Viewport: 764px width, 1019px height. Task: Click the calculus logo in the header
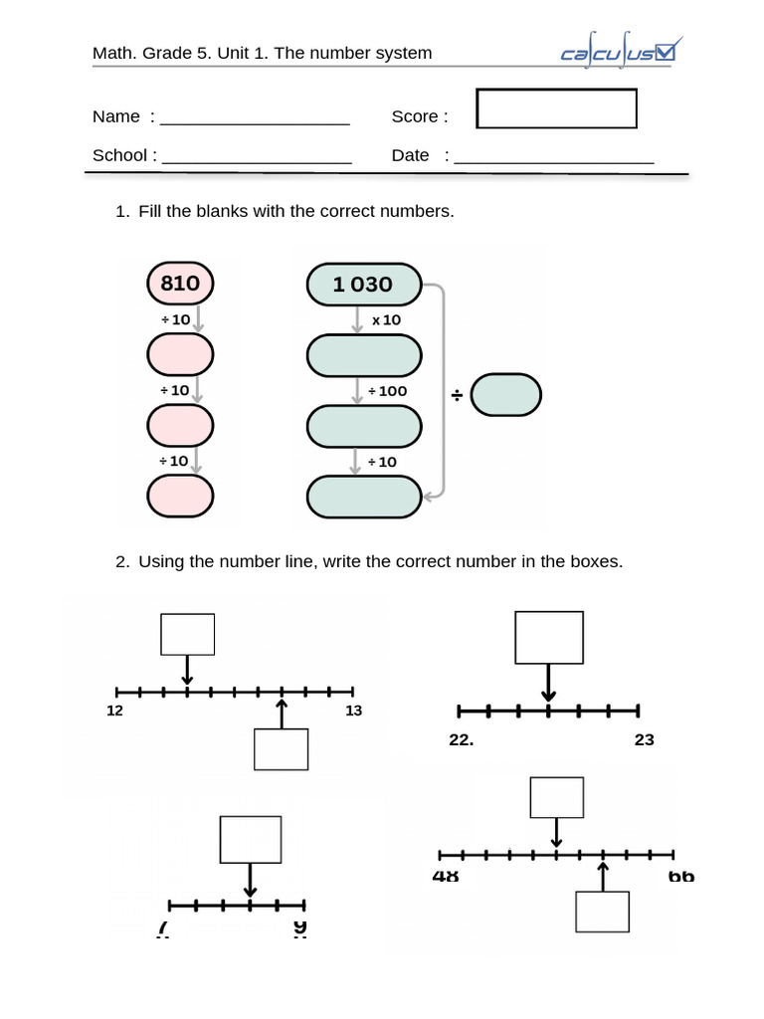tap(618, 53)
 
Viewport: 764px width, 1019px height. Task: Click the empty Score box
tap(556, 108)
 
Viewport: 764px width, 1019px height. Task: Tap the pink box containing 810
tap(180, 284)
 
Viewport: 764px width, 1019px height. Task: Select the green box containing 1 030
tap(364, 285)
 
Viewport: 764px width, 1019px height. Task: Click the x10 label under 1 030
tap(386, 320)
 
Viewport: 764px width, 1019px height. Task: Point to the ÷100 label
tap(387, 391)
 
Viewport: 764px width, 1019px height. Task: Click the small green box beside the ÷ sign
tap(505, 395)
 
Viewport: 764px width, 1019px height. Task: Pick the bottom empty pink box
tap(180, 497)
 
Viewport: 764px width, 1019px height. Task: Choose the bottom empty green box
tap(364, 497)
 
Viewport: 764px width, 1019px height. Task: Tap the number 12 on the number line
tap(115, 711)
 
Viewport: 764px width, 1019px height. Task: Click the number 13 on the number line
tap(353, 711)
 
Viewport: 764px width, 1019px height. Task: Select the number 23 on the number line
tap(644, 739)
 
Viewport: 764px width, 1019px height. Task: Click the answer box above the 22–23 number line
tap(548, 637)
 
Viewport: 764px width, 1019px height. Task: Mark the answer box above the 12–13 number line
tap(187, 634)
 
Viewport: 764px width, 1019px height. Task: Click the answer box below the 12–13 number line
tap(281, 749)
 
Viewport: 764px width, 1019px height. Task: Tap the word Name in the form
tap(116, 116)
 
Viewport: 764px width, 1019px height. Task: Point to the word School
tap(119, 155)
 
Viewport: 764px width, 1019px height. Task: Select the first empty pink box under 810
tap(180, 354)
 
